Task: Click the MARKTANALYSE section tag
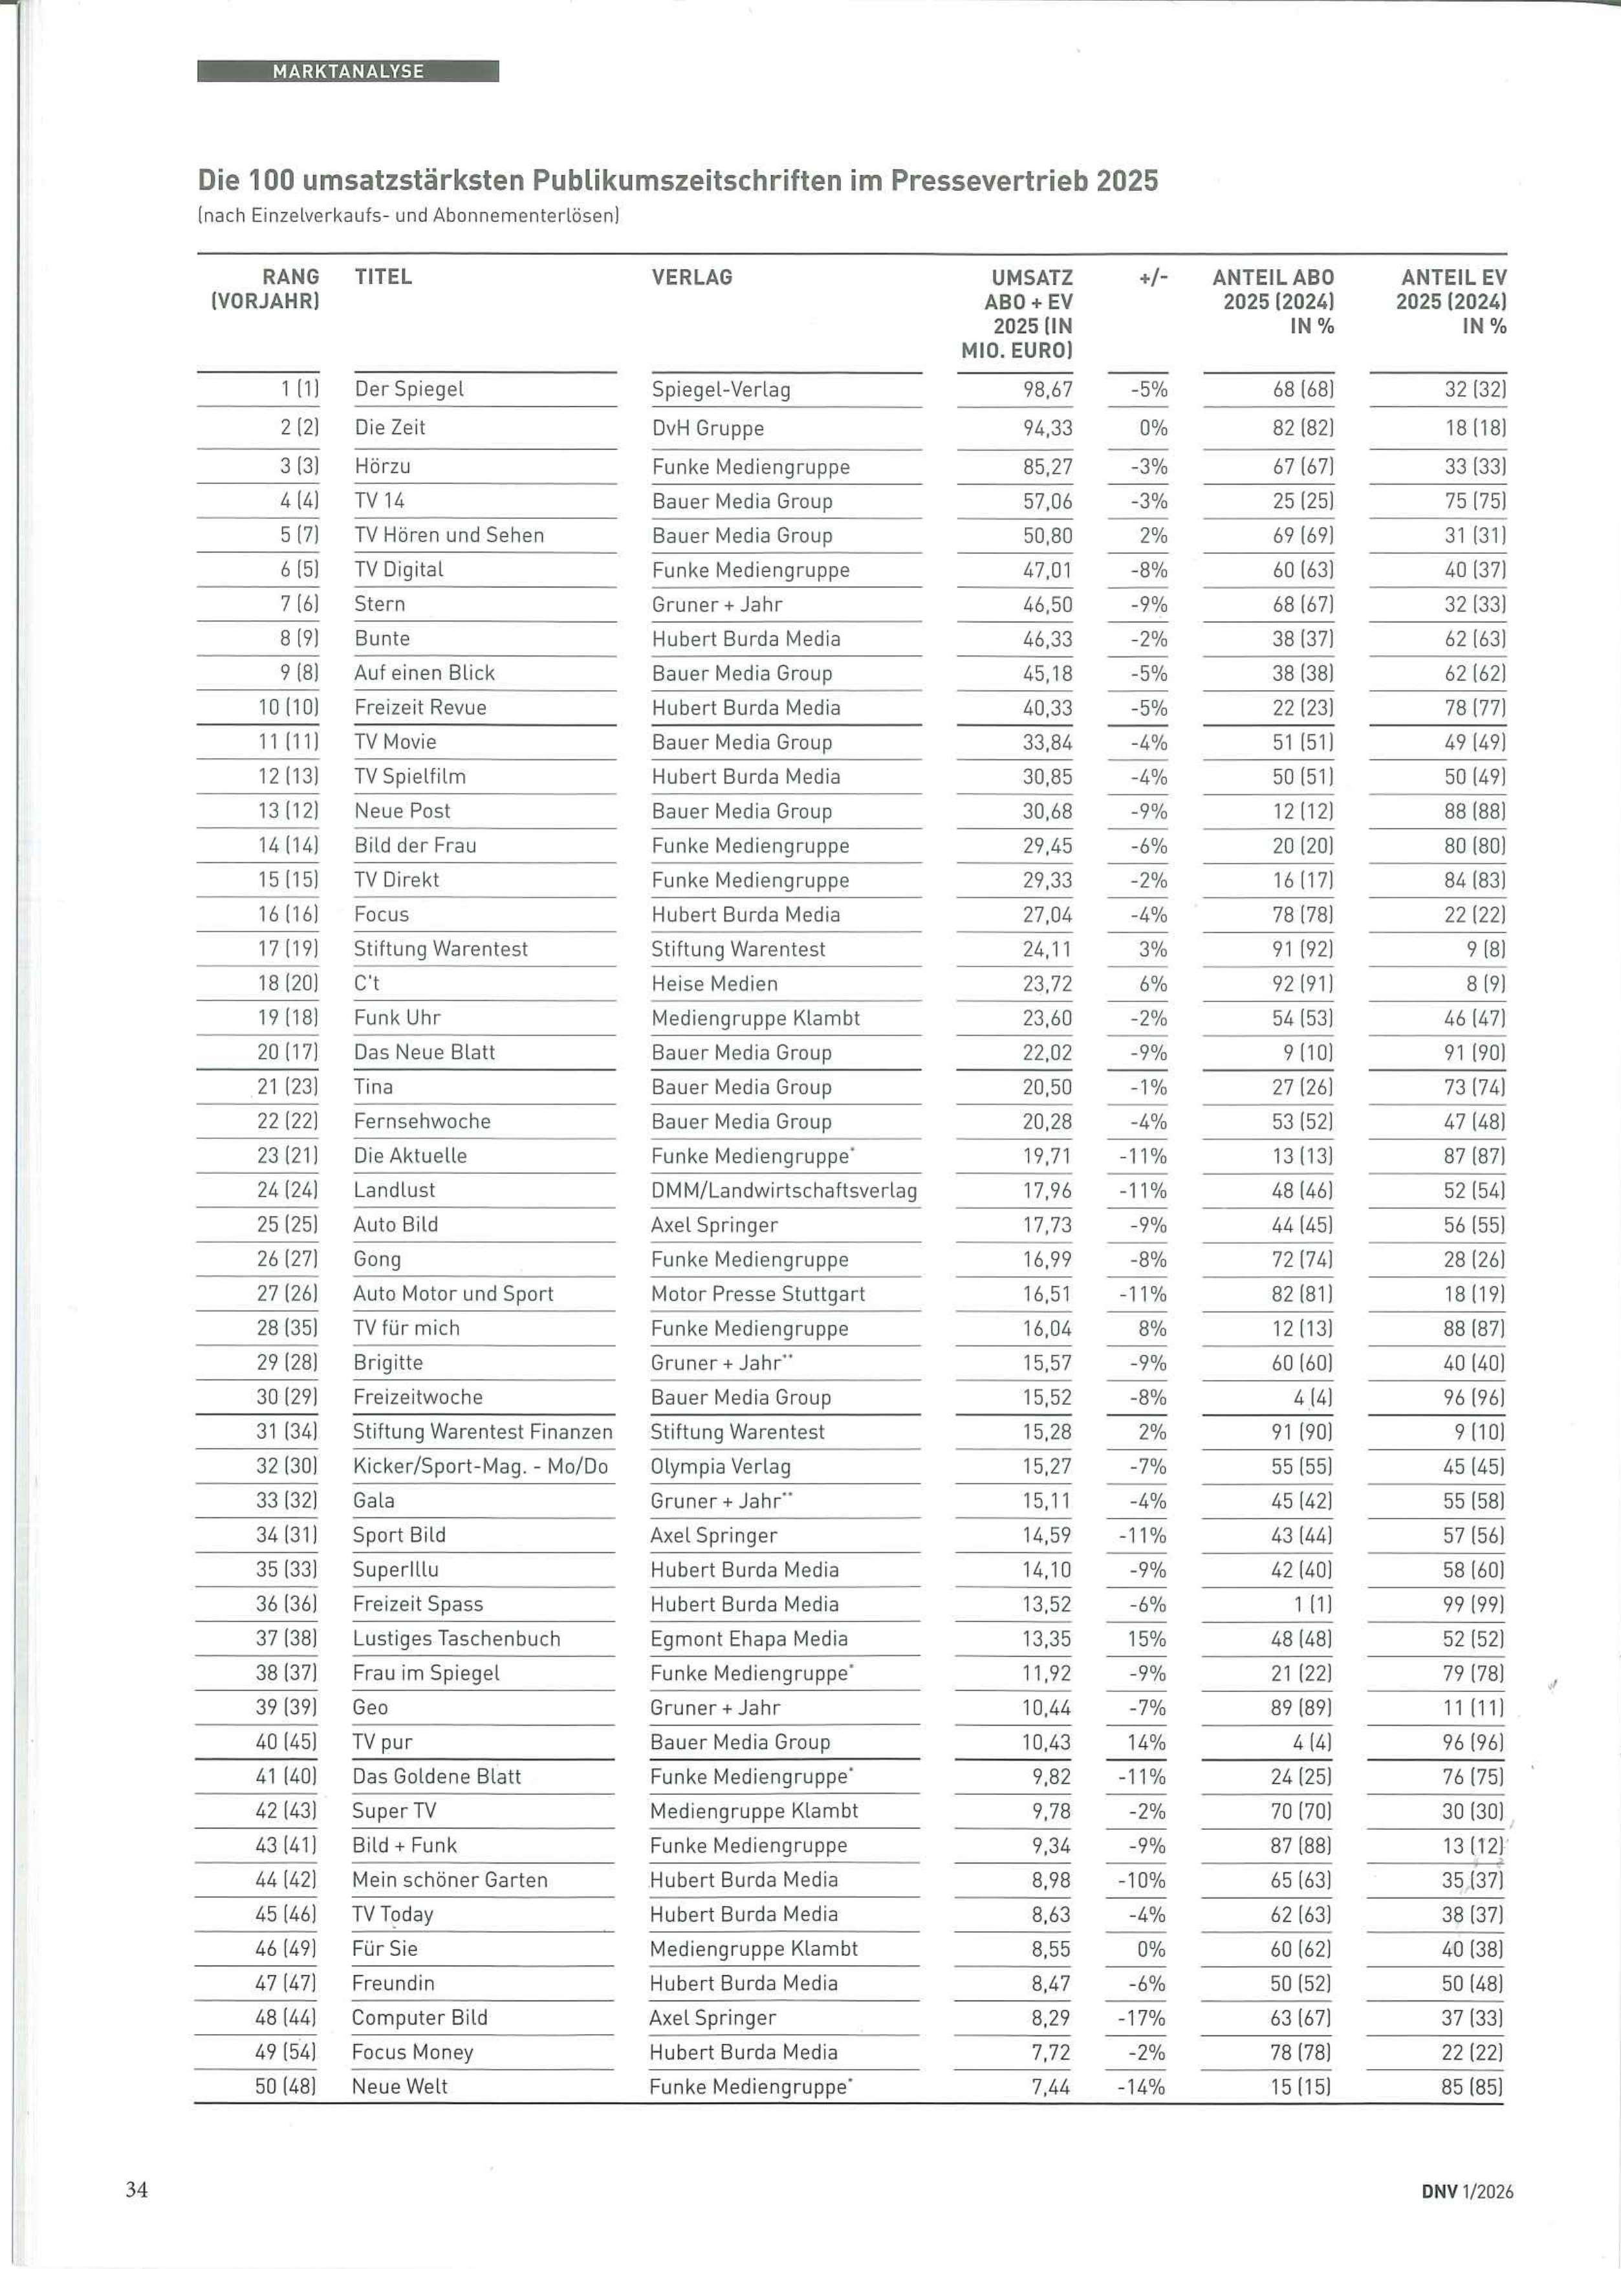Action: (x=347, y=72)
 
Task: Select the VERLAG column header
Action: (x=691, y=277)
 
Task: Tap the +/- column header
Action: (x=1152, y=277)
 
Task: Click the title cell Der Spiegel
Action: (x=409, y=389)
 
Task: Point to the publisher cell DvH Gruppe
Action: (x=708, y=428)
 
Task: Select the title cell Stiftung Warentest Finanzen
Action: (x=482, y=1432)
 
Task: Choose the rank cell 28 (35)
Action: (x=287, y=1328)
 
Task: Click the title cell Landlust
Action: (x=395, y=1190)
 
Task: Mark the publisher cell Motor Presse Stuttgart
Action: (x=757, y=1294)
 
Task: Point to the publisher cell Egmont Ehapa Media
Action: (x=748, y=1638)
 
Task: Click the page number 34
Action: (x=136, y=2189)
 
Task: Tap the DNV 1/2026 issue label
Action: (x=1466, y=2192)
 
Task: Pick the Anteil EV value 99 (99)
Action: (x=1474, y=1605)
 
